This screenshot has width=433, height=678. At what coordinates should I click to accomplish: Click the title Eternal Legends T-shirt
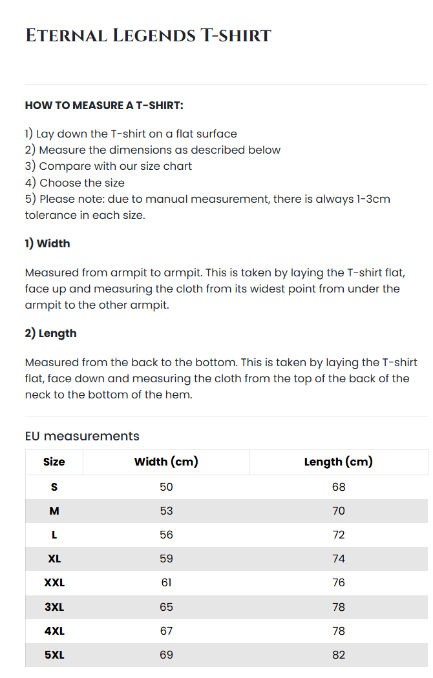coord(148,36)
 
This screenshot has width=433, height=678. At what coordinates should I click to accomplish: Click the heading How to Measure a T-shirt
coord(104,105)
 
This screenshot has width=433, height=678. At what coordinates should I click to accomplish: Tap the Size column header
coord(54,462)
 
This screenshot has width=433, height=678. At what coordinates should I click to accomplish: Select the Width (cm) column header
coord(166,462)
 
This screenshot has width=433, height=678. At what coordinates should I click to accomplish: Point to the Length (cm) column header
coord(339,462)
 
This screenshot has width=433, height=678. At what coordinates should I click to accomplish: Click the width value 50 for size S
coord(166,487)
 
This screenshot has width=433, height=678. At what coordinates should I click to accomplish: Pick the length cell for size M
coord(339,511)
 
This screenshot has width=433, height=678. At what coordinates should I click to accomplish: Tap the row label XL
coord(54,559)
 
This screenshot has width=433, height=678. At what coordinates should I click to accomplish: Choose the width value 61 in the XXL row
coord(166,582)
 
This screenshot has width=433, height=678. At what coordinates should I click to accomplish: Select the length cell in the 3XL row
coord(339,607)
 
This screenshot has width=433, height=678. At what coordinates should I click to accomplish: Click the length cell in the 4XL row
coord(339,631)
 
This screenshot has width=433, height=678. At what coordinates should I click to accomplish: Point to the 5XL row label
coord(54,655)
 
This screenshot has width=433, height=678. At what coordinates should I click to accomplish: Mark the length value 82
coord(339,655)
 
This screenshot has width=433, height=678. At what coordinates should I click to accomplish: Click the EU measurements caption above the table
coord(82,436)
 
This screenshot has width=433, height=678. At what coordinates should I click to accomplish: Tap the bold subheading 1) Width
coord(47,243)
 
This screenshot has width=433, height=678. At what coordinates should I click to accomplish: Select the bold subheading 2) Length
coord(50,333)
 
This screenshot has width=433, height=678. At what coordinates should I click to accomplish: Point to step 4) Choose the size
coord(75,183)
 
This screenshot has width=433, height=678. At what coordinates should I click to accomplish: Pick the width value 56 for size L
coord(166,535)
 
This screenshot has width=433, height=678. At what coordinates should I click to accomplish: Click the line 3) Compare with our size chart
coord(109,166)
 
